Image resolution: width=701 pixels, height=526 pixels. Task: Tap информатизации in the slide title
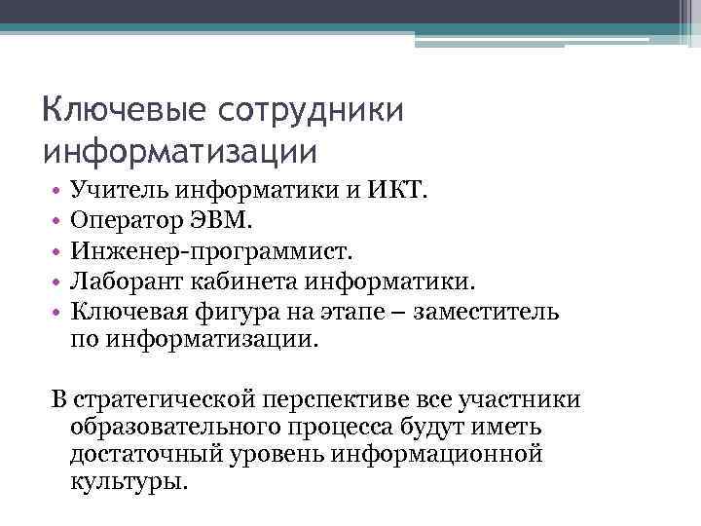point(181,151)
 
